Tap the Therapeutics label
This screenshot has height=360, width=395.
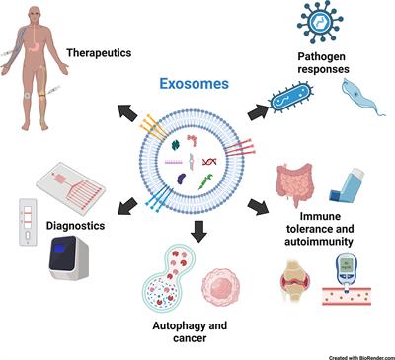coord(99,52)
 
